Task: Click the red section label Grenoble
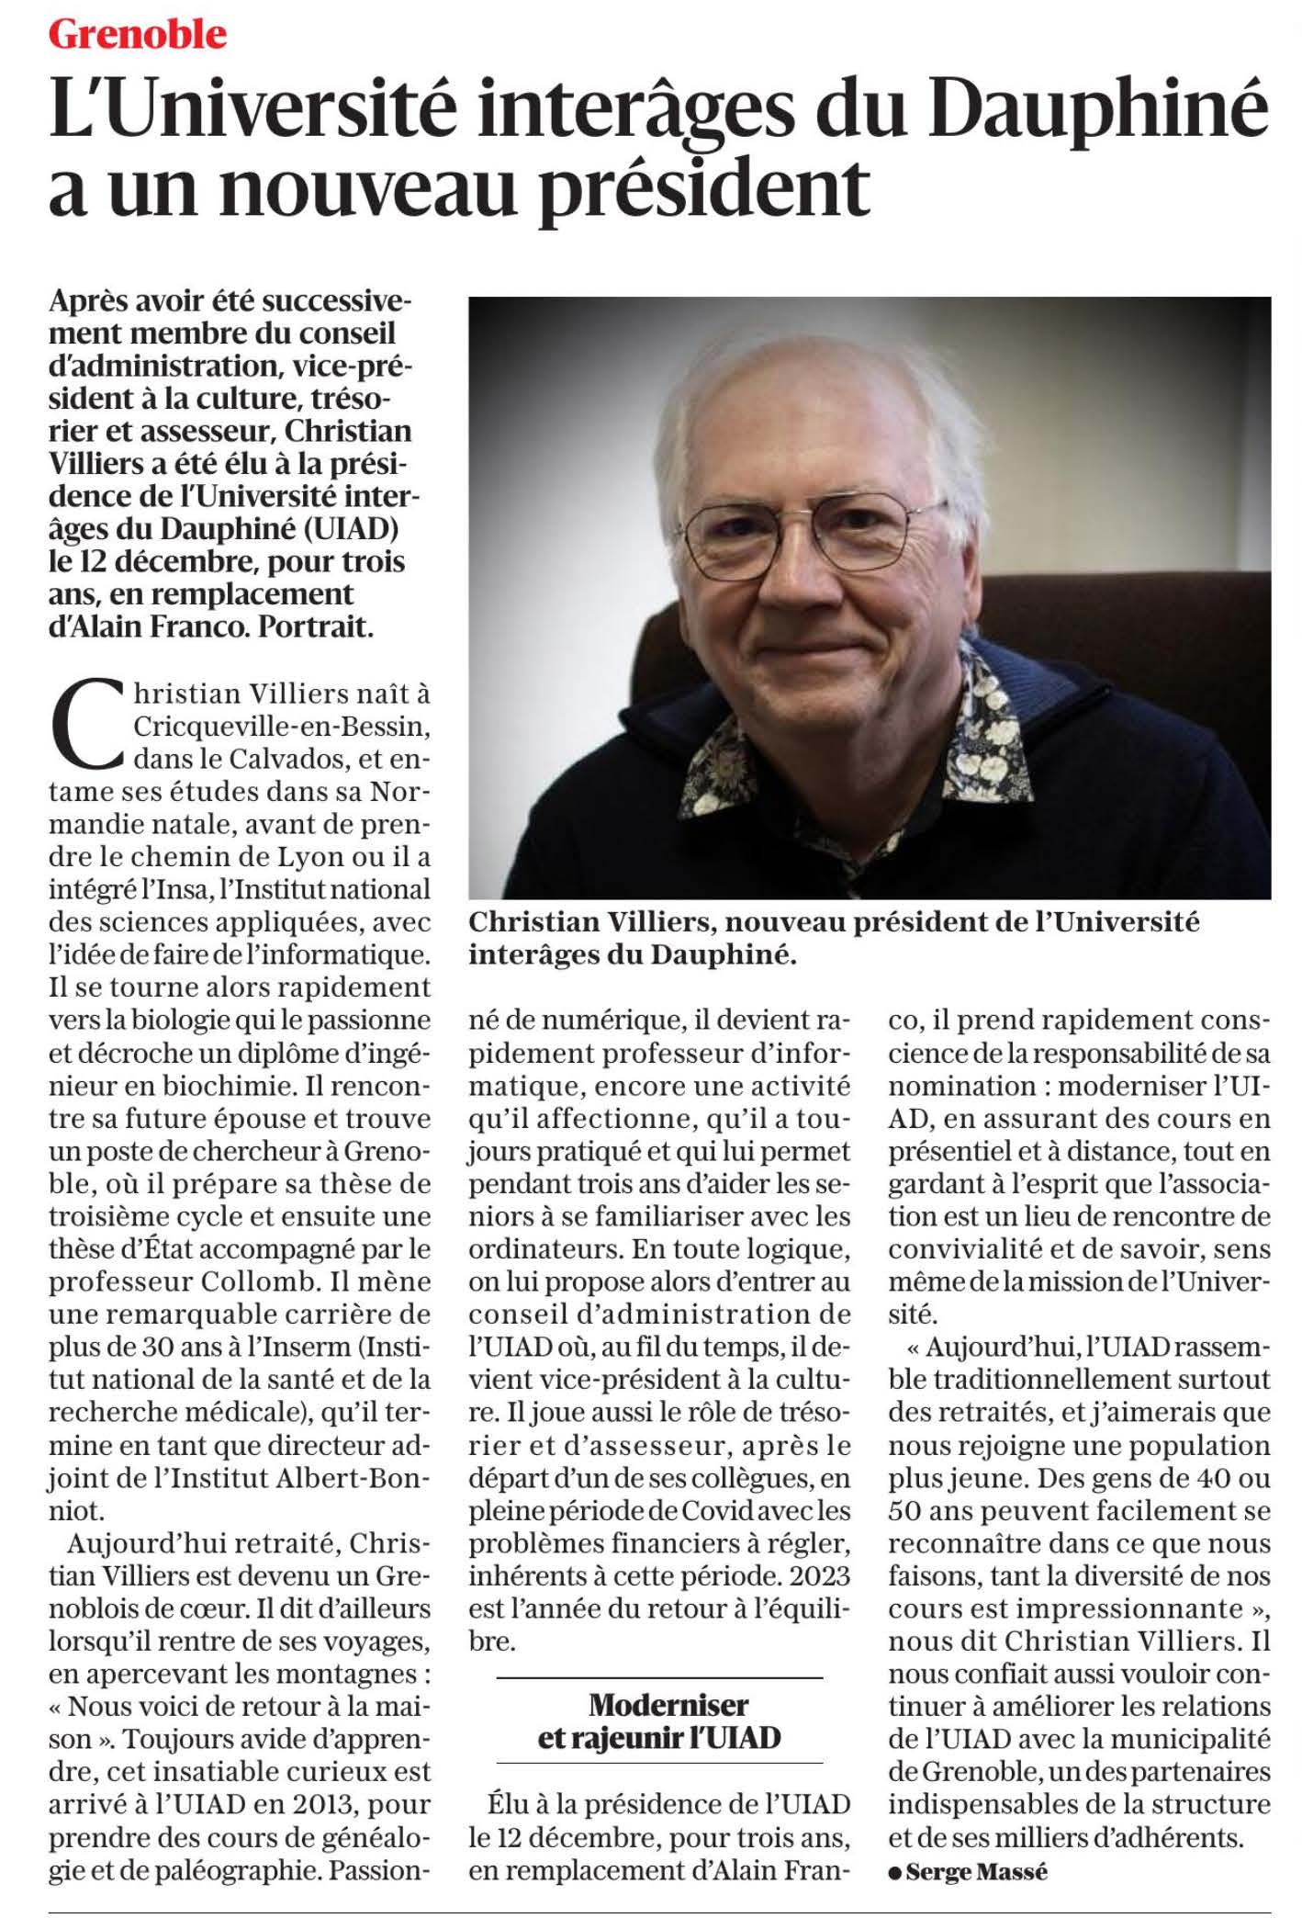(x=138, y=34)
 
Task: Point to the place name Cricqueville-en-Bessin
(x=281, y=726)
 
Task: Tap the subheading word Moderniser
(x=668, y=1705)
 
